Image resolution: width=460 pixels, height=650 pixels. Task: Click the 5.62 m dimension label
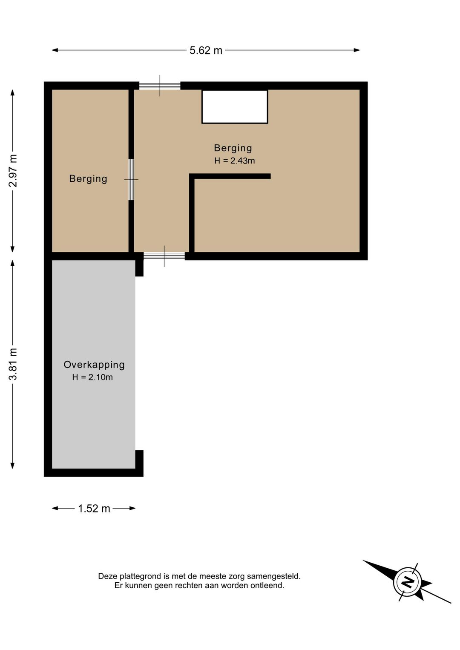206,51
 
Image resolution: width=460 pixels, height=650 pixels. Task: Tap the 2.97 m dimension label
13,171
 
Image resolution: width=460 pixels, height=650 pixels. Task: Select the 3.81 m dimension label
13,364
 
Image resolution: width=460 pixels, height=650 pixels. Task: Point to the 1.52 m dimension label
94,509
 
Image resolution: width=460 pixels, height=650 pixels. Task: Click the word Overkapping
94,365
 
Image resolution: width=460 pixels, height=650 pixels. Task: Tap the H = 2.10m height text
92,377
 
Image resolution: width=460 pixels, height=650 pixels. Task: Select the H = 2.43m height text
235,161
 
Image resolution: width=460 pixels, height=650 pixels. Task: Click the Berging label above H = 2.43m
233,148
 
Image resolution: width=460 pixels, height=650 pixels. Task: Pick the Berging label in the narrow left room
88,178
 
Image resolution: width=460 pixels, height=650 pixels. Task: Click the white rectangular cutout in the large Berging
235,107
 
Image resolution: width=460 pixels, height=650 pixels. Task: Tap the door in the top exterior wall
160,86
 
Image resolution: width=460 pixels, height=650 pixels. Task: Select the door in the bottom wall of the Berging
164,256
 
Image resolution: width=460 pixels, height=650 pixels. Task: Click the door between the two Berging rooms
131,180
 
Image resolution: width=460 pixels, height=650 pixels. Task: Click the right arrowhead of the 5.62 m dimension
356,50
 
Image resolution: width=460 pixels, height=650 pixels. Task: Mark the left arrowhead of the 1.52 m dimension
55,508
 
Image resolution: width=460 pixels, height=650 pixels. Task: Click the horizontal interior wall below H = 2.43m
230,176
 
